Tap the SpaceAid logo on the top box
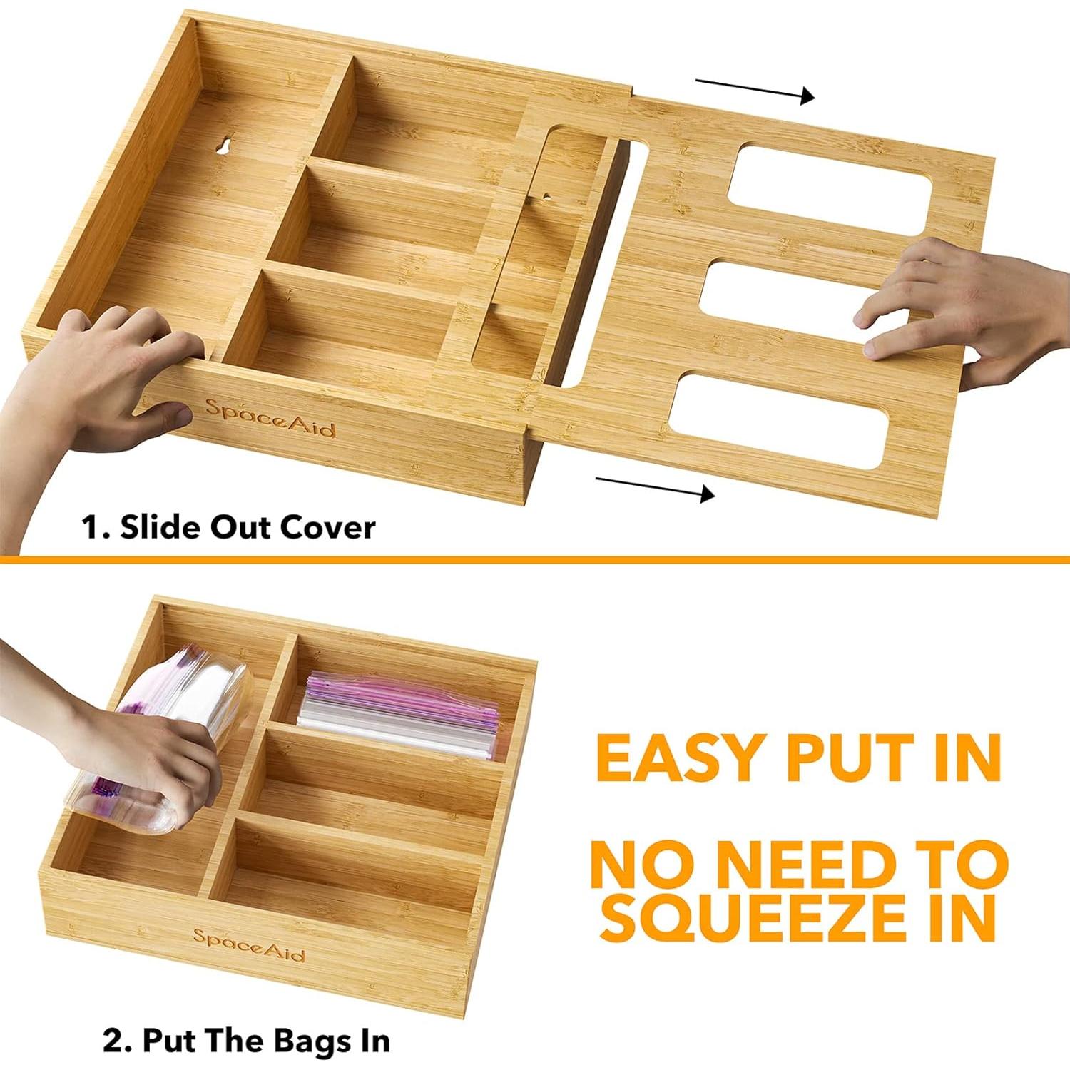[x=270, y=419]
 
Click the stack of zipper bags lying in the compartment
[x=399, y=713]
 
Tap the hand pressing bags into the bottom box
[x=143, y=756]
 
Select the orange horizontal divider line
[x=535, y=559]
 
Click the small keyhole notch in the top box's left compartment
[x=222, y=146]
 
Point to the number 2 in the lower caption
[x=114, y=1040]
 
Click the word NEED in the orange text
[x=806, y=865]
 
